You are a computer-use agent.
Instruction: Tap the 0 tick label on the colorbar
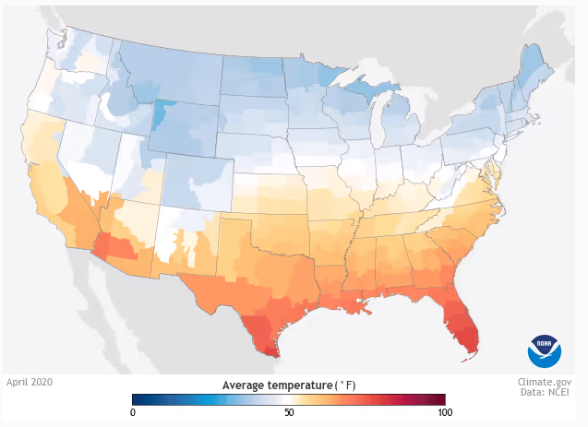(x=133, y=412)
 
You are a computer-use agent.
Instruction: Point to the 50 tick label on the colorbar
(x=289, y=412)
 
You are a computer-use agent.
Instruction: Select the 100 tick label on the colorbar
(x=443, y=412)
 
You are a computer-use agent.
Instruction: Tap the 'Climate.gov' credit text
(x=544, y=381)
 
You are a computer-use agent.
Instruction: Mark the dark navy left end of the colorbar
(x=138, y=398)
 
